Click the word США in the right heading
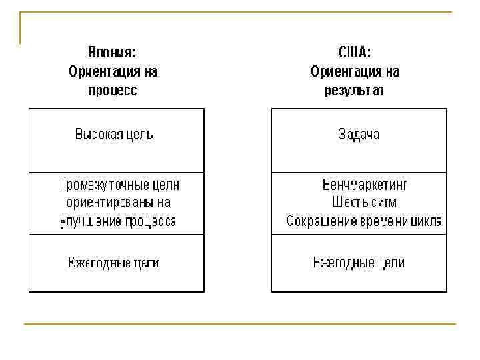coord(354,52)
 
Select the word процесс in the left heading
coord(113,90)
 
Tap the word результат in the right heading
coord(354,90)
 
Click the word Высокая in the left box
coord(99,134)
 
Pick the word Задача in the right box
coord(359,134)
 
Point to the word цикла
coord(427,221)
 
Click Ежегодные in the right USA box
coord(344,263)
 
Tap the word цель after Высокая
coord(140,134)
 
